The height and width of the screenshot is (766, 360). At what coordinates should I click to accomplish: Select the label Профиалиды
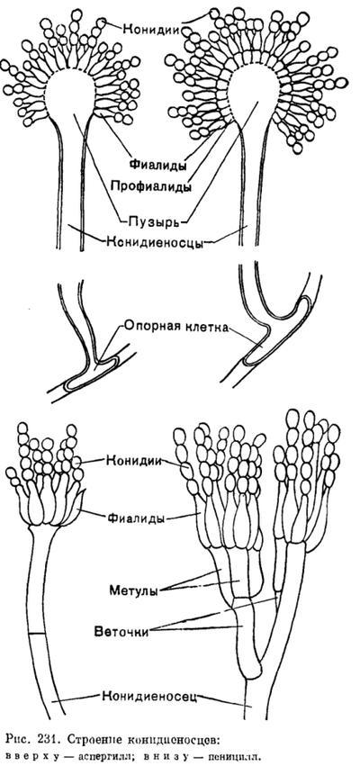[x=150, y=186]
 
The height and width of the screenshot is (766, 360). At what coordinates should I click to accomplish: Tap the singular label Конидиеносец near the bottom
[x=149, y=695]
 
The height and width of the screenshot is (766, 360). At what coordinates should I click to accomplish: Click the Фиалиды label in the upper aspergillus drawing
[x=157, y=165]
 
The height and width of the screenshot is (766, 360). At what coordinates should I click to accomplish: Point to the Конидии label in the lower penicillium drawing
[x=135, y=460]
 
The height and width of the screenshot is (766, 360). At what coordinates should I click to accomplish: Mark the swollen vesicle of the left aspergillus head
[x=70, y=95]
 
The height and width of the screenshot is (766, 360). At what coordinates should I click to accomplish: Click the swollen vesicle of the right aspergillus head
[x=254, y=95]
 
